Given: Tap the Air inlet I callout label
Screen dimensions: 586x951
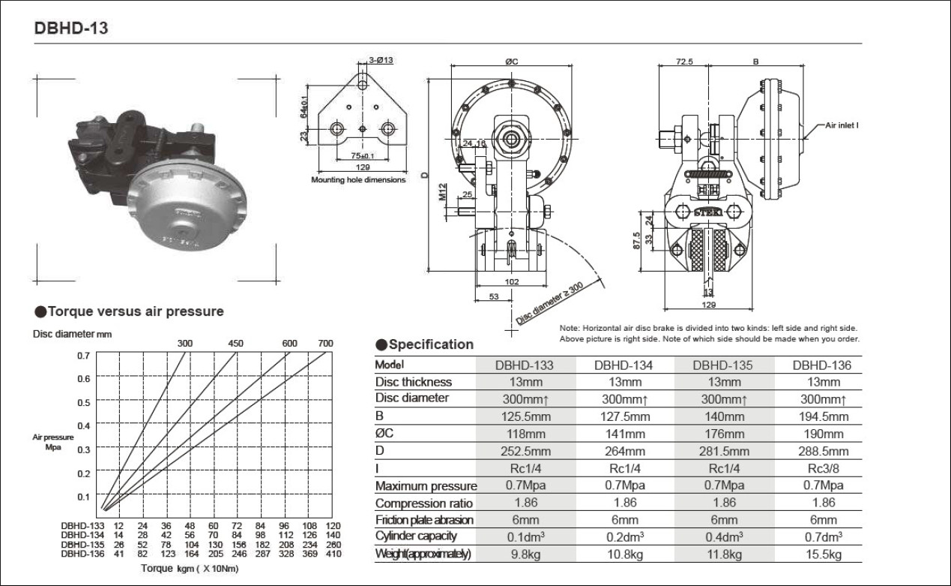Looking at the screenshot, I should point(841,126).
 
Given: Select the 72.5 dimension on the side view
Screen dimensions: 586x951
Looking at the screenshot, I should point(683,62).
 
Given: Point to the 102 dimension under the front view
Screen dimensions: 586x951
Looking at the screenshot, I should point(513,282).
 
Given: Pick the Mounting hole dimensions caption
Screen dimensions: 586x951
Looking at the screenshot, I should point(358,180).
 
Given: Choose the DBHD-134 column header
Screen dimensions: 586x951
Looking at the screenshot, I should point(624,365).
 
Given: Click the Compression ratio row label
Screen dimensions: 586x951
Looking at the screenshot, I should point(424,503).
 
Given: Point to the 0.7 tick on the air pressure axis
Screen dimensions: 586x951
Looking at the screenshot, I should point(84,354).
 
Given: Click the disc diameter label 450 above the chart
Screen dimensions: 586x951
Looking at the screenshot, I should point(236,343).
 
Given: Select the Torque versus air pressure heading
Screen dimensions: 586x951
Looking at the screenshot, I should point(135,311).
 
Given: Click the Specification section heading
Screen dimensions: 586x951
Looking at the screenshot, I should point(431,344).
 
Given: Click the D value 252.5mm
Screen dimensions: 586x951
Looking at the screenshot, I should point(525,451).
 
